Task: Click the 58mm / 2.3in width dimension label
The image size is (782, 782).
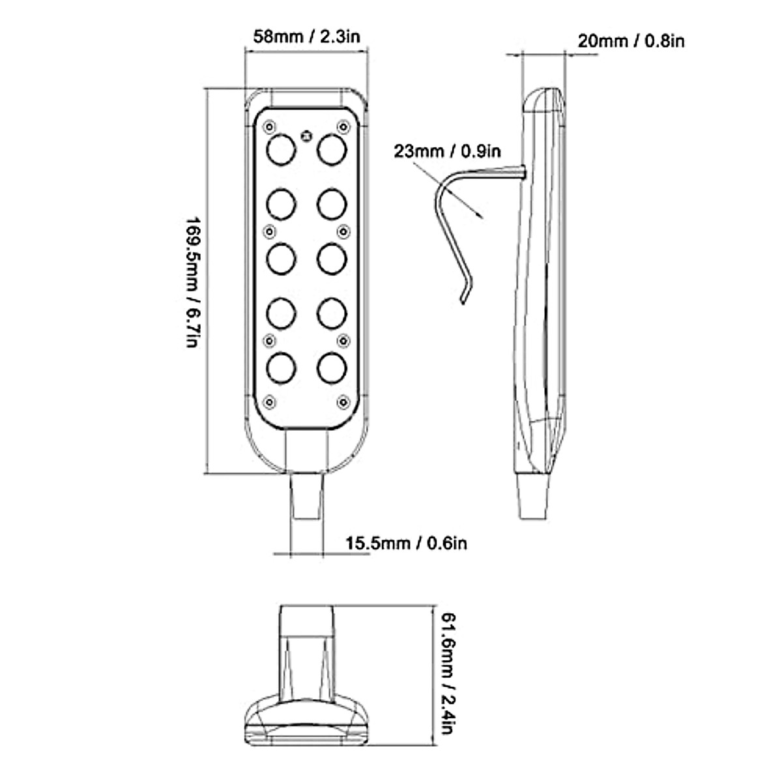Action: click(x=306, y=36)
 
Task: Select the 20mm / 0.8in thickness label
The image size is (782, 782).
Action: click(x=631, y=41)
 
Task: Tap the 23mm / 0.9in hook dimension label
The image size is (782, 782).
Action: click(x=447, y=151)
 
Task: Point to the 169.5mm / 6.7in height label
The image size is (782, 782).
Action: click(x=194, y=282)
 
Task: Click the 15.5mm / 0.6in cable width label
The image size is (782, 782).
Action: click(x=406, y=542)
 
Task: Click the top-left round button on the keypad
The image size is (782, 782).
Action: click(x=281, y=149)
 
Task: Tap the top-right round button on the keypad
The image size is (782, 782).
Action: click(x=331, y=149)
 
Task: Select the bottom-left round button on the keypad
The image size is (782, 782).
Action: click(x=281, y=368)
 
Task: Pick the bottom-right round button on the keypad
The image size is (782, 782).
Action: click(x=331, y=368)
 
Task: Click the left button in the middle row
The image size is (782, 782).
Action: click(x=281, y=259)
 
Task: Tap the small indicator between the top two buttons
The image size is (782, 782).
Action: click(x=306, y=136)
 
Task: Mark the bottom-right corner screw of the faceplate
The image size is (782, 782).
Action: click(x=342, y=401)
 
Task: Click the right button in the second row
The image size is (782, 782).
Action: click(x=331, y=204)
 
